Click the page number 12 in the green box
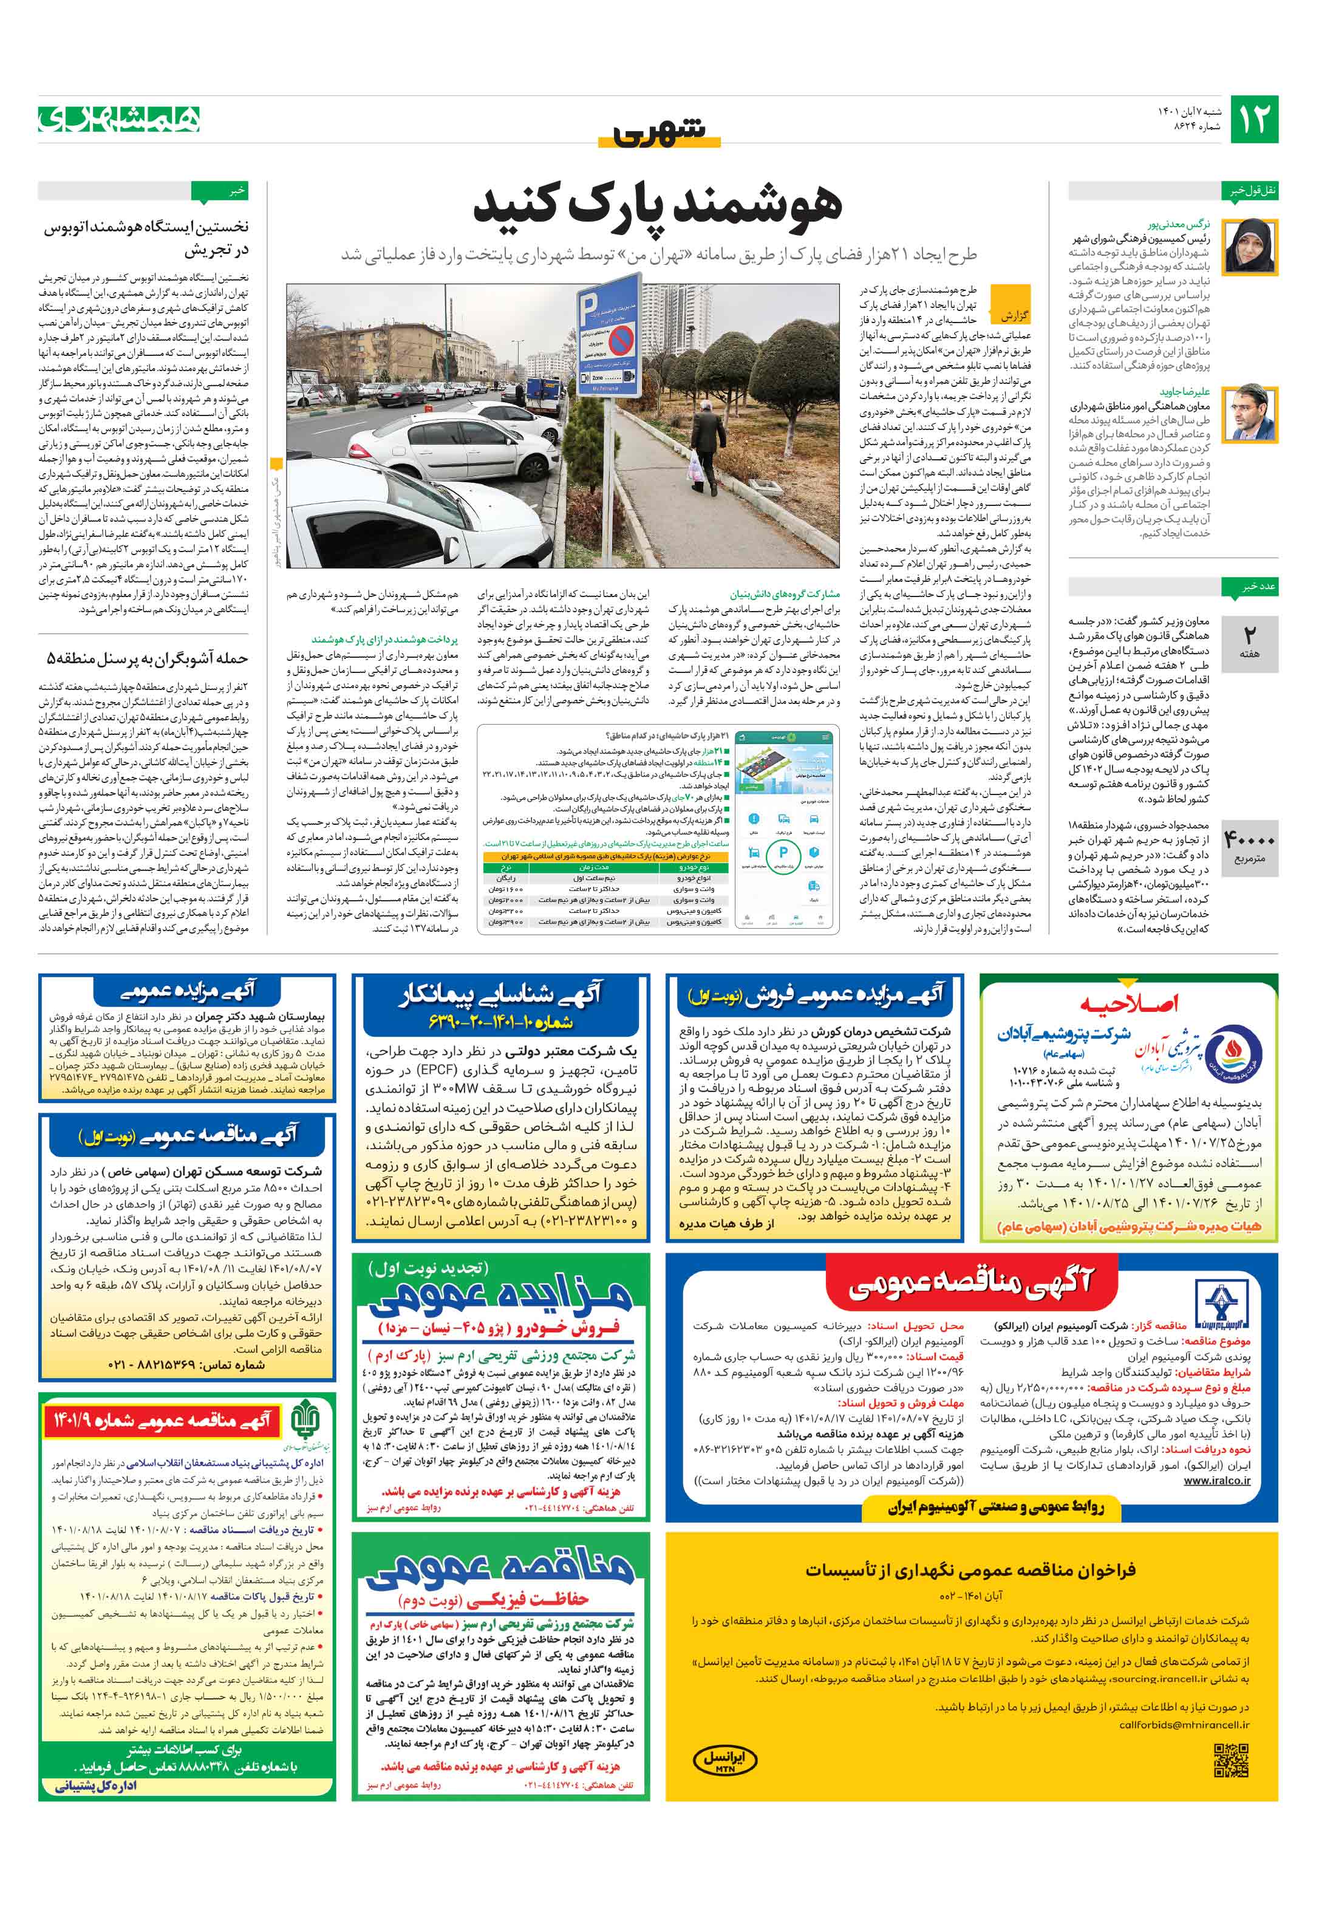[x=1253, y=119]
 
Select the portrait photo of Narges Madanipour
[x=1250, y=246]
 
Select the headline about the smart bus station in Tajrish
[x=146, y=237]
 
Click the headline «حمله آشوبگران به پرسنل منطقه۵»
[x=146, y=658]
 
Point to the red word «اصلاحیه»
[x=1129, y=1005]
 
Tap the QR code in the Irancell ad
[x=1230, y=1761]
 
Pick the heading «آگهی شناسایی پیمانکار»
[x=500, y=994]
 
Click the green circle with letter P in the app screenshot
[x=782, y=854]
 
